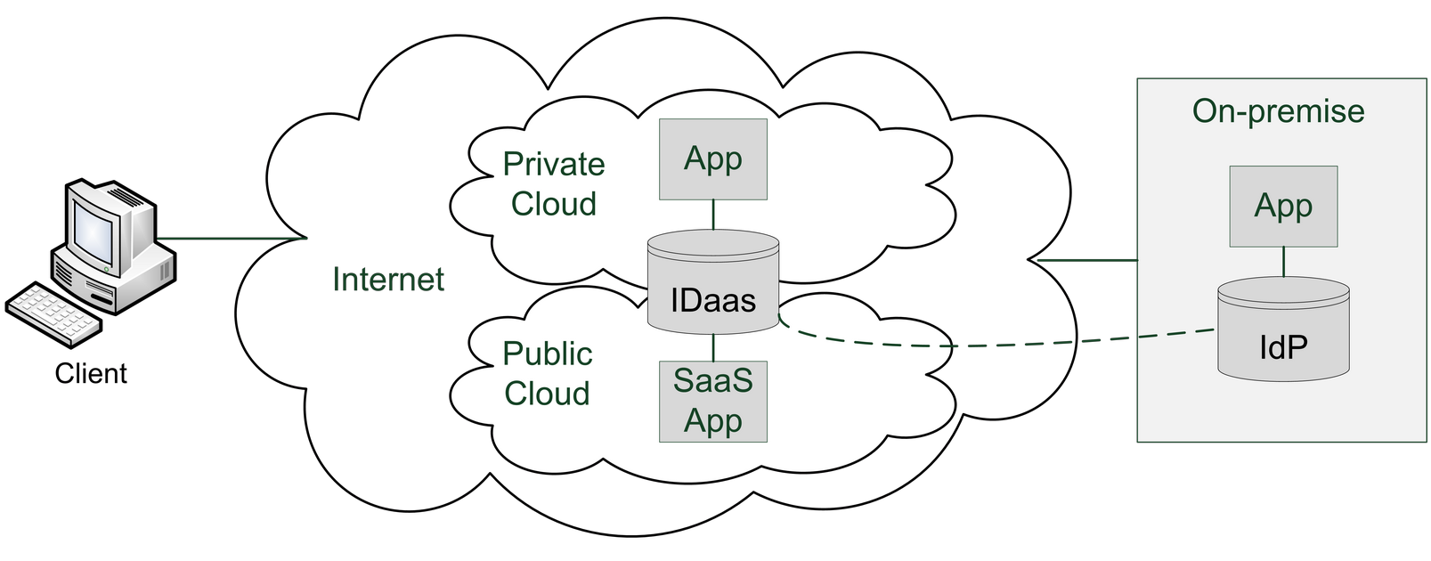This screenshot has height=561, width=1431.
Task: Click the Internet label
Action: point(388,280)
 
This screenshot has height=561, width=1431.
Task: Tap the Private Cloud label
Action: point(553,184)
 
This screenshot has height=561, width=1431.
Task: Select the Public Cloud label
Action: point(547,374)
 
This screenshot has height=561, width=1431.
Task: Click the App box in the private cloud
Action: point(712,159)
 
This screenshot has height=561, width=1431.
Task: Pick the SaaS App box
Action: point(712,401)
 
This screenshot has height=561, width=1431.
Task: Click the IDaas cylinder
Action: point(712,285)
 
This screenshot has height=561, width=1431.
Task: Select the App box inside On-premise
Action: point(1283,206)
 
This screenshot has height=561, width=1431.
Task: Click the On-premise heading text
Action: point(1278,111)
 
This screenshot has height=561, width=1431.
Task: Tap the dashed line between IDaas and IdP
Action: point(980,346)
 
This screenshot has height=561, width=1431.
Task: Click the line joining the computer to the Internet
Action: point(232,239)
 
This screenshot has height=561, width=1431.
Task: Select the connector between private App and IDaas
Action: point(713,215)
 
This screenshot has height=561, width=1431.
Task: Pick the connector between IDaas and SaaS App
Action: point(713,347)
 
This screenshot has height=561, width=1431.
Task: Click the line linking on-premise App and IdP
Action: point(1283,262)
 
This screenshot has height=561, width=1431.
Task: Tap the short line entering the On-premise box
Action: point(1088,261)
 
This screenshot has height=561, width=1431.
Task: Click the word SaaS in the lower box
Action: point(712,381)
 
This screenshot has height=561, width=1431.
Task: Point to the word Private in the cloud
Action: point(553,165)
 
